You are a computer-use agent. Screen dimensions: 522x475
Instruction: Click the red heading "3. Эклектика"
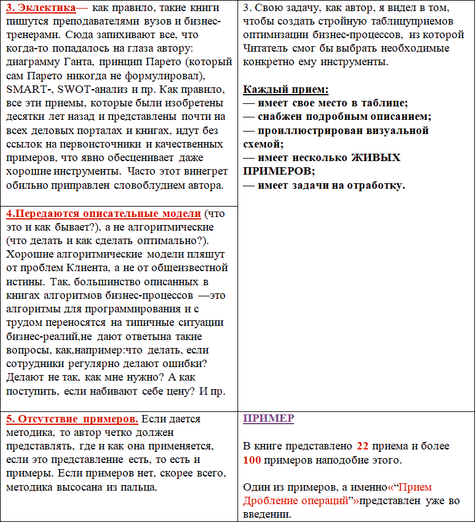[x=41, y=9]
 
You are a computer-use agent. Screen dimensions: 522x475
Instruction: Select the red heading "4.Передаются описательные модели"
[x=103, y=213]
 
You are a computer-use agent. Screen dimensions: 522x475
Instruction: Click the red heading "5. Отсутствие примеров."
[x=72, y=419]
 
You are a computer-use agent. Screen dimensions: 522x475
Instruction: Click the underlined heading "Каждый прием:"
[x=285, y=89]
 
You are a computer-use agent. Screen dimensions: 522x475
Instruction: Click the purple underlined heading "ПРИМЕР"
[x=268, y=419]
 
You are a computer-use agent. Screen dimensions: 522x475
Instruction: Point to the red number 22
[x=363, y=446]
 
